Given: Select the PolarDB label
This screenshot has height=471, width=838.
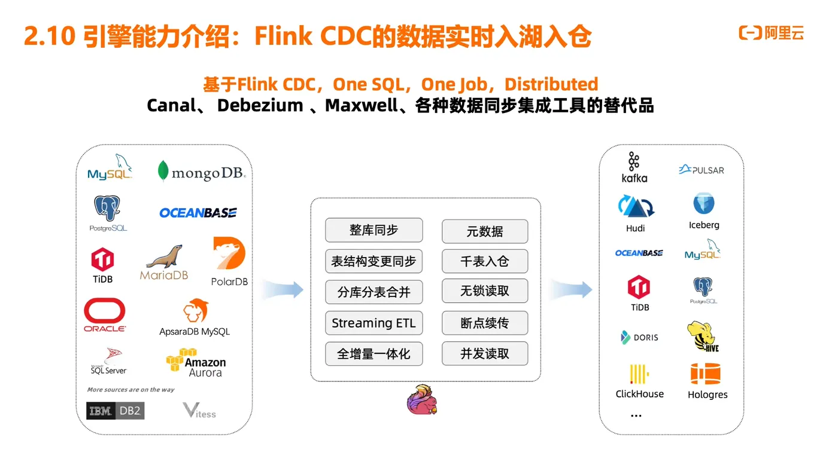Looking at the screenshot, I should pyautogui.click(x=229, y=282).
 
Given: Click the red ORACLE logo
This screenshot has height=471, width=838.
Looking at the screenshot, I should pyautogui.click(x=105, y=314).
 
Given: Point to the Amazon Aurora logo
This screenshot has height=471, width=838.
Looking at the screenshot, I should pyautogui.click(x=196, y=363).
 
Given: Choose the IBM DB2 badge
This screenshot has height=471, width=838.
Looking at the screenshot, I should pyautogui.click(x=116, y=411).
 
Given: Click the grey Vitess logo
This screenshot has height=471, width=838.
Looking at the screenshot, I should pyautogui.click(x=199, y=411).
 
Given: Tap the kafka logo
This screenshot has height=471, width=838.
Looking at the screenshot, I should pyautogui.click(x=634, y=167).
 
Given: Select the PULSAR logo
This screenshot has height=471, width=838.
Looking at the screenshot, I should pyautogui.click(x=702, y=170).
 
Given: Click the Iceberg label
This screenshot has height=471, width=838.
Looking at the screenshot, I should pyautogui.click(x=704, y=225).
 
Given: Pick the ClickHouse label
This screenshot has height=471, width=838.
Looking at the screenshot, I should pyautogui.click(x=639, y=394).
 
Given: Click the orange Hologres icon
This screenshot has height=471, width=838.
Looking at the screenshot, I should pyautogui.click(x=705, y=374).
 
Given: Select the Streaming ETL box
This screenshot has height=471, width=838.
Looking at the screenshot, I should pyautogui.click(x=374, y=323).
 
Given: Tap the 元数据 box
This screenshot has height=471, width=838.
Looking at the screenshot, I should pyautogui.click(x=485, y=231).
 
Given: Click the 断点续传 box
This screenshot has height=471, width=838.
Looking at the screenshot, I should pyautogui.click(x=485, y=323).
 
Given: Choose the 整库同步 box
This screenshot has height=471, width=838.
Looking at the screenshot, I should pyautogui.click(x=374, y=230).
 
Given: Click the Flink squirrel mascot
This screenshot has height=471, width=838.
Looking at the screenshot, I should pyautogui.click(x=422, y=400).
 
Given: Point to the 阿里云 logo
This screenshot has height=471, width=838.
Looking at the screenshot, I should pyautogui.click(x=772, y=33).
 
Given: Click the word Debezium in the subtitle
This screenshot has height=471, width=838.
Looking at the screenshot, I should pyautogui.click(x=260, y=106).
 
